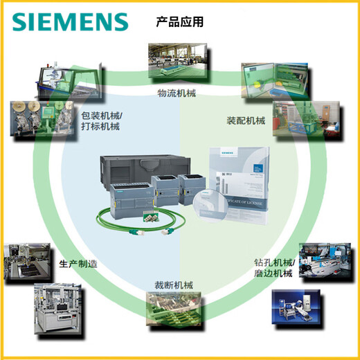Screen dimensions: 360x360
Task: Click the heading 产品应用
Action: tap(179, 22)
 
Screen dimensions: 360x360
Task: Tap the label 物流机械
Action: tap(177, 91)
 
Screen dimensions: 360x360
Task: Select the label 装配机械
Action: tap(246, 120)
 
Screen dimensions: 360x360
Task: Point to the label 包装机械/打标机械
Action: tap(100, 121)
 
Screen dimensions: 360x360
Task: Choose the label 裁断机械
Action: tap(174, 285)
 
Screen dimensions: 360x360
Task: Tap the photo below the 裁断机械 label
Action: tap(175, 310)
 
